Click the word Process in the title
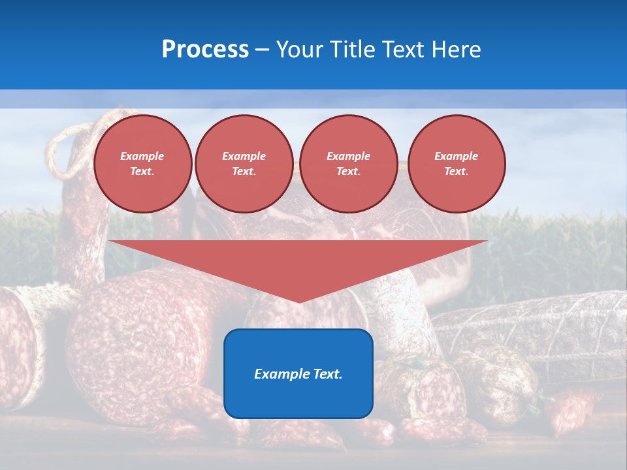pyautogui.click(x=205, y=50)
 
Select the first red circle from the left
pyautogui.click(x=142, y=164)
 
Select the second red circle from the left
pyautogui.click(x=244, y=164)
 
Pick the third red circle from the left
pyautogui.click(x=348, y=164)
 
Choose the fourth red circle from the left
pyautogui.click(x=456, y=164)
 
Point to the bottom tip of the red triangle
pyautogui.click(x=298, y=302)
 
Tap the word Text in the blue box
pyautogui.click(x=327, y=374)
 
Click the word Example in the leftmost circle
pyautogui.click(x=142, y=156)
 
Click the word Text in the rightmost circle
pyautogui.click(x=456, y=172)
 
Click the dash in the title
pyautogui.click(x=262, y=50)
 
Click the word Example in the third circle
pyautogui.click(x=348, y=156)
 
